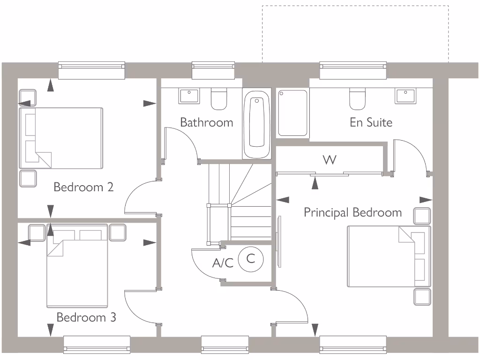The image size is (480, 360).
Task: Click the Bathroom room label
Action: click(x=206, y=122)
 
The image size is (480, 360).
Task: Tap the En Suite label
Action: click(x=371, y=122)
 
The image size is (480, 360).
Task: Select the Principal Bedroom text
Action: click(x=352, y=212)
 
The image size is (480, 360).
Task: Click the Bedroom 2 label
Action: click(x=83, y=187)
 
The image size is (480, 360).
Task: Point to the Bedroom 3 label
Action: click(x=86, y=317)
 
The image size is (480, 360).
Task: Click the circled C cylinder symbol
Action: click(x=251, y=258)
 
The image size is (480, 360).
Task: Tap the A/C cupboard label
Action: click(x=223, y=263)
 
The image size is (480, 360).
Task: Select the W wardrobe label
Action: click(x=330, y=160)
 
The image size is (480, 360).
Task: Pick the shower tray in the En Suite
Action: click(x=293, y=112)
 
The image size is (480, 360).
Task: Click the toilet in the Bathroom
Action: click(x=219, y=98)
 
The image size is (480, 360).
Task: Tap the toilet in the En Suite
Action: click(x=357, y=98)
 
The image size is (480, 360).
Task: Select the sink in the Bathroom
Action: click(x=189, y=96)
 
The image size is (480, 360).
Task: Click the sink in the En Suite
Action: click(x=405, y=96)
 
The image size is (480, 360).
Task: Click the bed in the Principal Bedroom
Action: click(x=388, y=256)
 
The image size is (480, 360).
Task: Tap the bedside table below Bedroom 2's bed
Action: click(x=28, y=179)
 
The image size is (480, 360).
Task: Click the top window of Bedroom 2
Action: click(x=91, y=70)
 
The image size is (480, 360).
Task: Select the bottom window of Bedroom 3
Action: click(x=97, y=345)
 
